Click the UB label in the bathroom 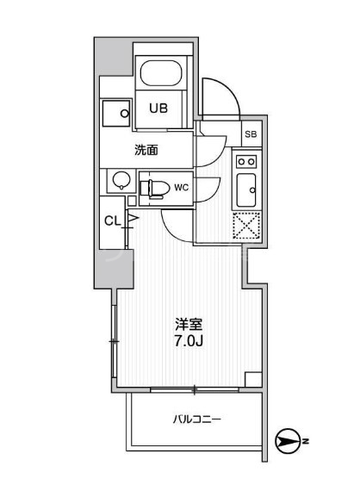(x=158, y=109)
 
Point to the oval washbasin (x=121, y=182)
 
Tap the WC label (x=182, y=186)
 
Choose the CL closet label (x=112, y=221)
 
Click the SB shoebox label (x=250, y=134)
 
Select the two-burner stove (x=245, y=161)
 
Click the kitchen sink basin (x=246, y=187)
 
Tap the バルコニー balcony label (x=197, y=420)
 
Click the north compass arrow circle (x=284, y=443)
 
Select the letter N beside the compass (x=306, y=443)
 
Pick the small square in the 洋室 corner (x=252, y=378)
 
